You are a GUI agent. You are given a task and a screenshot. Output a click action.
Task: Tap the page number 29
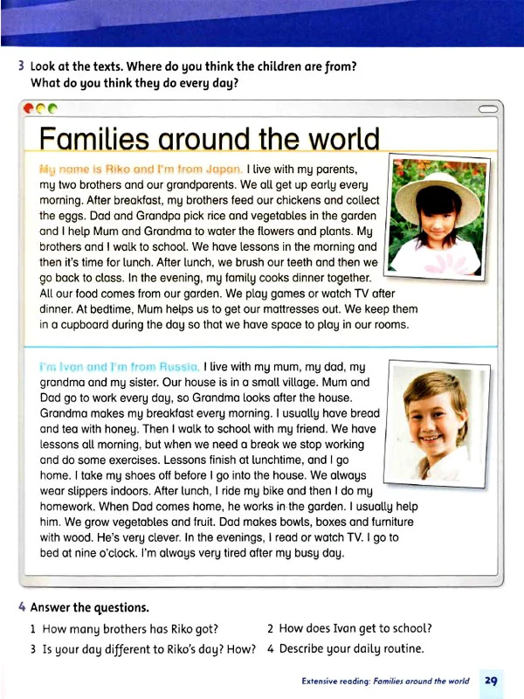(x=491, y=681)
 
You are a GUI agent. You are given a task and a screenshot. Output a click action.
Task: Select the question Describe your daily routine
(x=350, y=648)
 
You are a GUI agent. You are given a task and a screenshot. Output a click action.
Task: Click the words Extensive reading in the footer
(x=339, y=681)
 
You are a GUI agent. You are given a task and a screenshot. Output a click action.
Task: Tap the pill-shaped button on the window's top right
(x=490, y=109)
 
